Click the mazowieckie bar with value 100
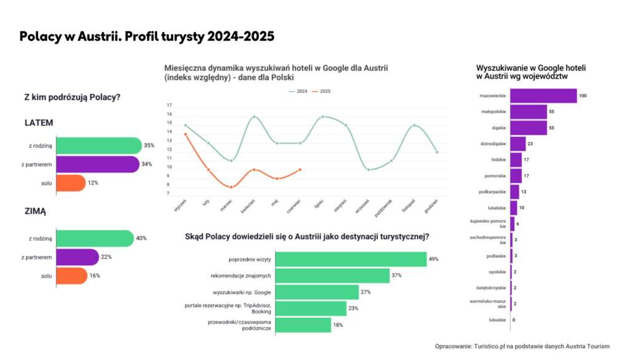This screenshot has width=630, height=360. tap(543, 96)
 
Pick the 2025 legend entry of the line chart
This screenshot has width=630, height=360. tap(321, 91)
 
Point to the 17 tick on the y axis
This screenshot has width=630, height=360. tap(169, 105)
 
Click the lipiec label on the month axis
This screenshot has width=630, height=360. tap(319, 205)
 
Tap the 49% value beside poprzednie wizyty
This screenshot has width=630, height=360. tap(434, 259)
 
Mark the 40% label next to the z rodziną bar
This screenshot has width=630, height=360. tap(141, 238)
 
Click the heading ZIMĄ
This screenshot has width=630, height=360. tap(35, 211)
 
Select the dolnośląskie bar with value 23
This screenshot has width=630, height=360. tap(517, 143)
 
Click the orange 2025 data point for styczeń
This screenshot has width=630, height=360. tap(185, 134)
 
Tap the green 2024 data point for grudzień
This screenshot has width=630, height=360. tap(437, 152)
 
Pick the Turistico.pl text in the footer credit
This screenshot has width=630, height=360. tap(492, 346)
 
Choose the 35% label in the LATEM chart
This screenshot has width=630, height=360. tap(149, 146)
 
